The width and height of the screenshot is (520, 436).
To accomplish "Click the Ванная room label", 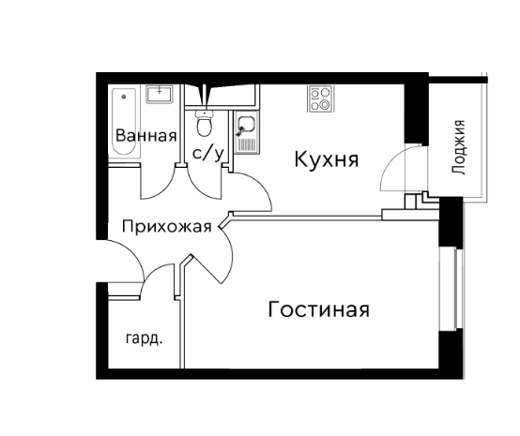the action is coord(145,136).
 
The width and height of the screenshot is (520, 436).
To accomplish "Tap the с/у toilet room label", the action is coord(208,154).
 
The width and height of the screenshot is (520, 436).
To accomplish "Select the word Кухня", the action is coord(327,159).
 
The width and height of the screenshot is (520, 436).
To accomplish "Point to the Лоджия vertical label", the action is coord(459,147).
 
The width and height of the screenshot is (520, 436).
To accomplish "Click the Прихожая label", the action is coord(167,227).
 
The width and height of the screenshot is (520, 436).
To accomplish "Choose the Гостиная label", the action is coord(319,309).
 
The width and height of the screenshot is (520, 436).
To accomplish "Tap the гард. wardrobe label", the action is coord(144,338).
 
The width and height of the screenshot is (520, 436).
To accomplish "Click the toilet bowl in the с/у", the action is coord(204,124).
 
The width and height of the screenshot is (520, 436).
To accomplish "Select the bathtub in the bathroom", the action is coord(124,122).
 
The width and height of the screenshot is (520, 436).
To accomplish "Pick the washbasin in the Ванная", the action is coord(160,94).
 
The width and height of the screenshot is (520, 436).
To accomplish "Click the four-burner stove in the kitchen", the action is coord(321,98).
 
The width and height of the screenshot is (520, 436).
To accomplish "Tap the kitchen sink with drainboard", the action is coord(247,132).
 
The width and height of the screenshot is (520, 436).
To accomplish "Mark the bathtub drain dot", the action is coord(124,97).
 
